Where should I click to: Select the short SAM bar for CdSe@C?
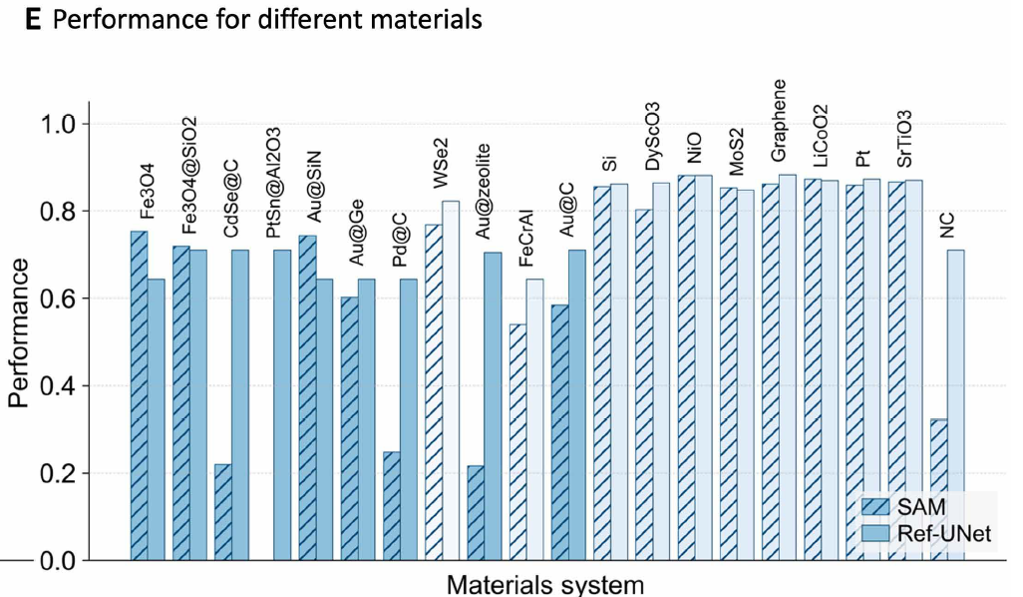pos(222,511)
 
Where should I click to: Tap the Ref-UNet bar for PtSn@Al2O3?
pos(282,404)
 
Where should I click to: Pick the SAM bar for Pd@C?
pos(391,505)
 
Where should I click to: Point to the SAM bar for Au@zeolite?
pos(476,512)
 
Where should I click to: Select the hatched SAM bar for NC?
pos(938,489)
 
